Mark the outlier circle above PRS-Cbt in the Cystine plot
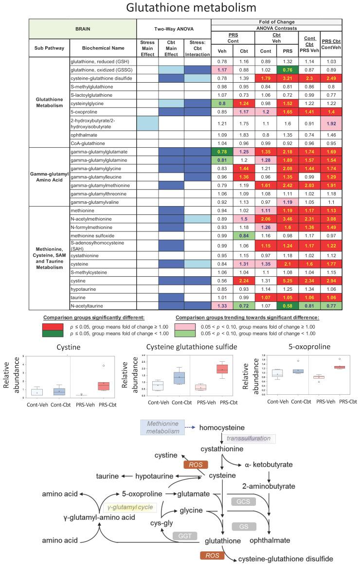(103, 365)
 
